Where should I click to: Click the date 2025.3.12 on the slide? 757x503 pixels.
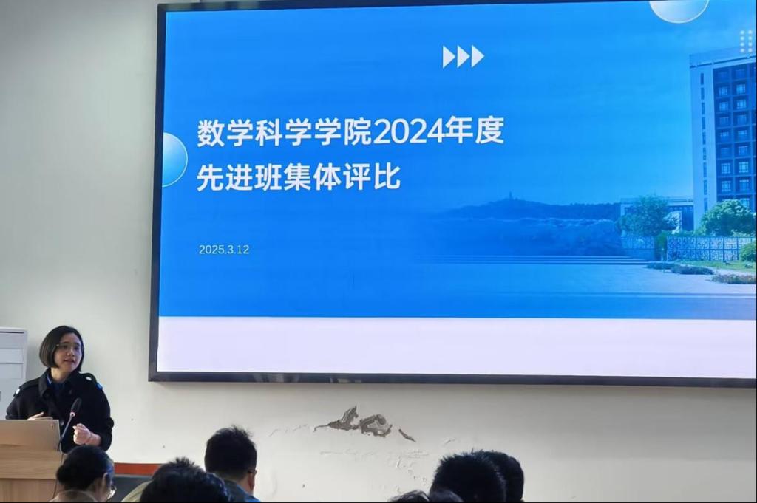[224, 250]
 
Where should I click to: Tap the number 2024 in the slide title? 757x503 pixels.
[408, 131]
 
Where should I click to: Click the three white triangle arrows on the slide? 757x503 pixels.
[463, 57]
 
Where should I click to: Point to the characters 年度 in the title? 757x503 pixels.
[474, 131]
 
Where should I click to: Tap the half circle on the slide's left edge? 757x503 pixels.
[174, 159]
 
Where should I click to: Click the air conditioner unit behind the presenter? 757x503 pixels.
[13, 366]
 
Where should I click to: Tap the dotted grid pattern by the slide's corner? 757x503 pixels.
[746, 41]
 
